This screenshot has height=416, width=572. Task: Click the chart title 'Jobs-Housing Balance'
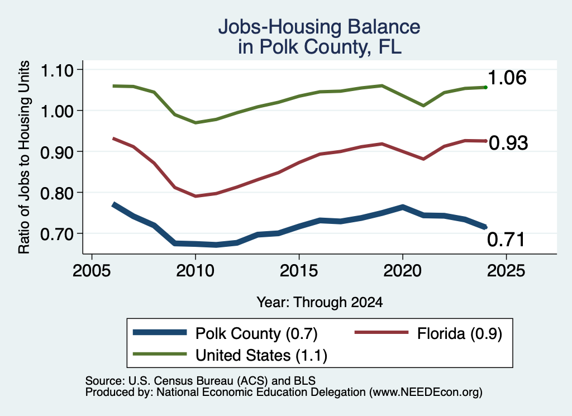pyautogui.click(x=319, y=27)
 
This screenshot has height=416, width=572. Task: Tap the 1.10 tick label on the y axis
pyautogui.click(x=56, y=70)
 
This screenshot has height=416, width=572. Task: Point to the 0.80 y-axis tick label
pyautogui.click(x=56, y=193)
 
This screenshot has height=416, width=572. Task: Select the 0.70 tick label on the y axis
pyautogui.click(x=56, y=234)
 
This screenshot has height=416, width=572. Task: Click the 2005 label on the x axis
pyautogui.click(x=92, y=270)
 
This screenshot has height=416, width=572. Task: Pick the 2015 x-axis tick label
pyautogui.click(x=299, y=270)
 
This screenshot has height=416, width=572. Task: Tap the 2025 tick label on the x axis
pyautogui.click(x=506, y=270)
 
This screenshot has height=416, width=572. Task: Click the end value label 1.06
pyautogui.click(x=507, y=78)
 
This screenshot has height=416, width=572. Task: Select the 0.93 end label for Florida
pyautogui.click(x=508, y=142)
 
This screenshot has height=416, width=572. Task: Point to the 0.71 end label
pyautogui.click(x=506, y=240)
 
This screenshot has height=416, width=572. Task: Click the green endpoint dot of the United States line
pyautogui.click(x=485, y=87)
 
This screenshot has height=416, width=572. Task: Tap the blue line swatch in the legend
pyautogui.click(x=160, y=332)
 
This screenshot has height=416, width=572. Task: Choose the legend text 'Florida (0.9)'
pyautogui.click(x=460, y=333)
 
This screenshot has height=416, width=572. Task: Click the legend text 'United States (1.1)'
pyautogui.click(x=261, y=356)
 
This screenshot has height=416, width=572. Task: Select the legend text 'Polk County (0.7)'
pyautogui.click(x=256, y=333)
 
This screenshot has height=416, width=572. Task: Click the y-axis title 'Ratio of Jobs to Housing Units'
pyautogui.click(x=24, y=157)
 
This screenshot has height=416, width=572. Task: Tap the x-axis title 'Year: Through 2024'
pyautogui.click(x=320, y=302)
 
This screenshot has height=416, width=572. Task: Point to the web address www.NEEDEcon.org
pyautogui.click(x=425, y=393)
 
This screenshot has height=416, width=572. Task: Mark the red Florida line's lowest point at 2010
pyautogui.click(x=196, y=196)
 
